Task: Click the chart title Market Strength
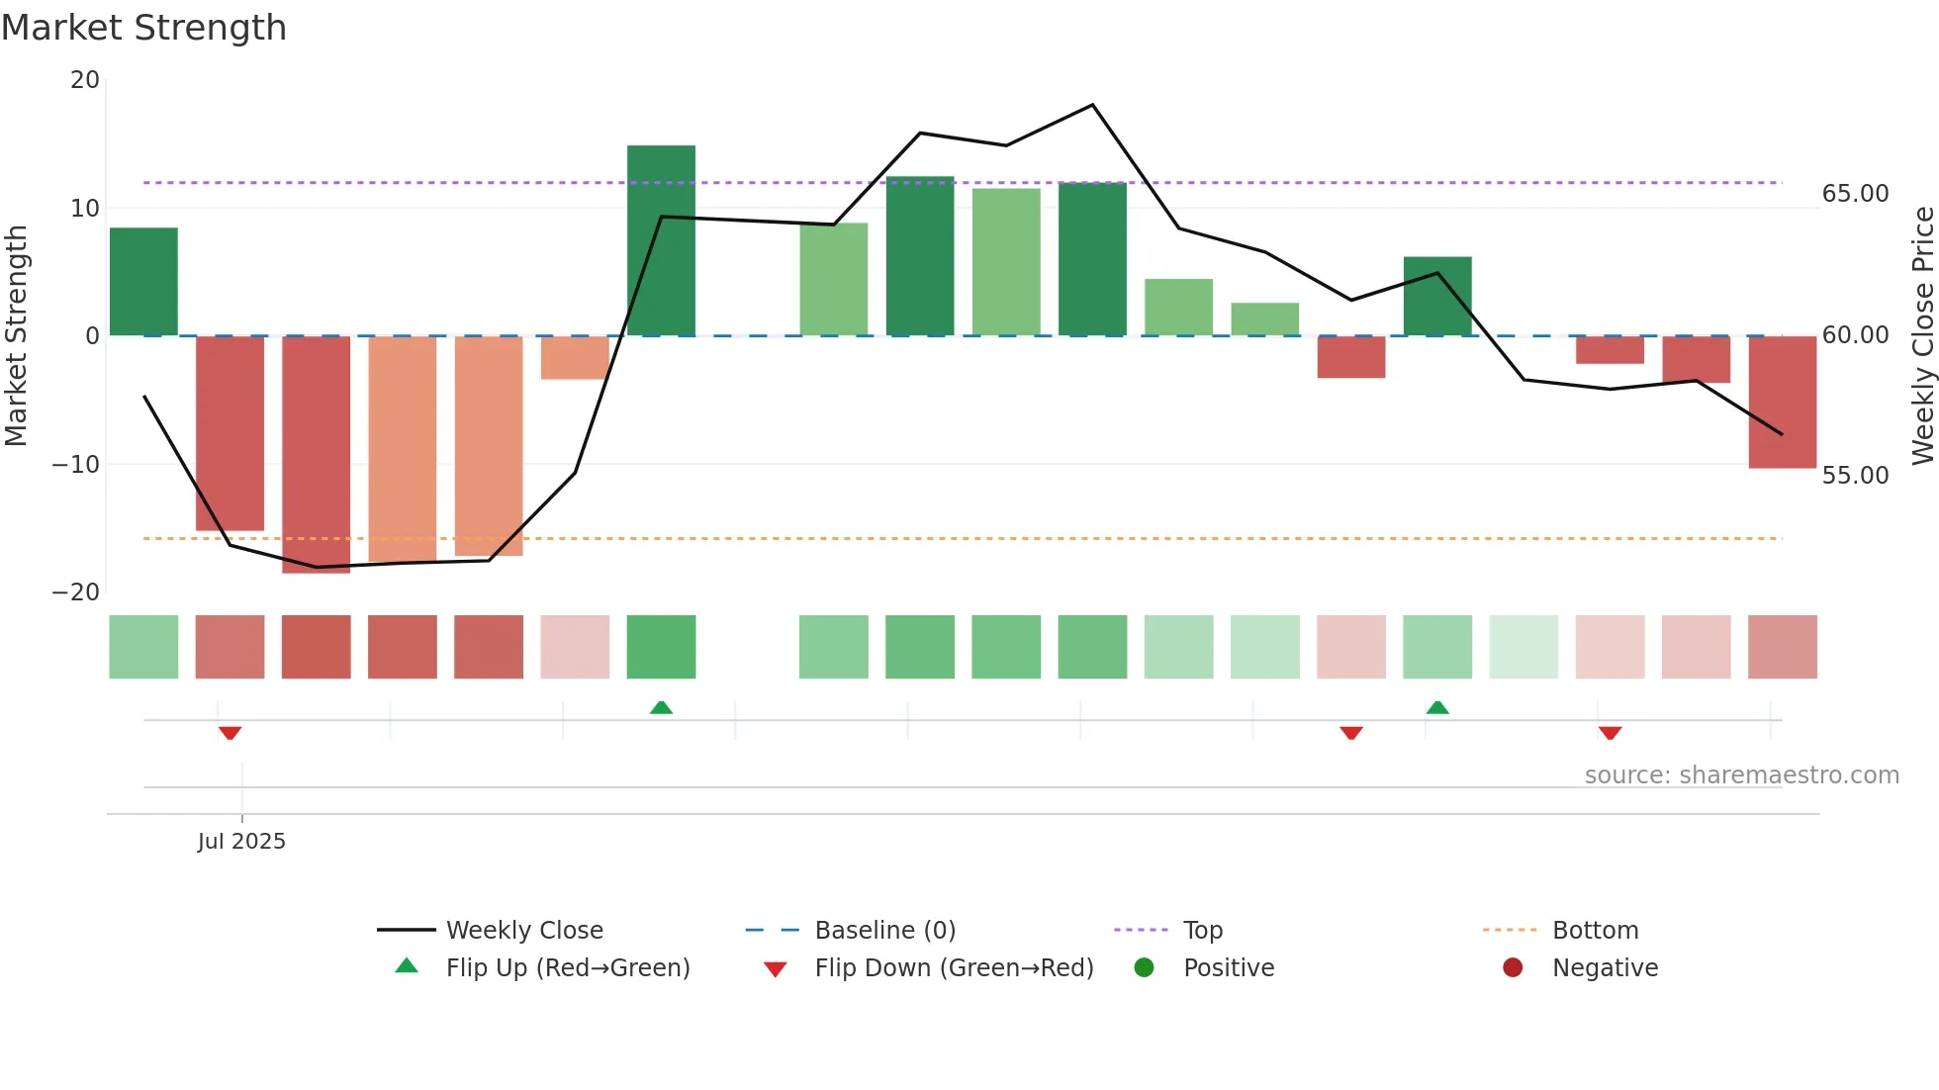[x=143, y=28]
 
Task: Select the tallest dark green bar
[x=661, y=240]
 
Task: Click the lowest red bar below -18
[x=316, y=455]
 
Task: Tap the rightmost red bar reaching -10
[x=1782, y=402]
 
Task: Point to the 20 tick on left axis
[x=85, y=80]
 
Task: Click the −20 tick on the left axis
[x=76, y=592]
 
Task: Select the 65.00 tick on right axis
[x=1855, y=194]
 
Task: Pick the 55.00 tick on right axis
[x=1855, y=476]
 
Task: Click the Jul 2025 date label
[x=241, y=842]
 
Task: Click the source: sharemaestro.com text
[x=1741, y=775]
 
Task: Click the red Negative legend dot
[x=1512, y=968]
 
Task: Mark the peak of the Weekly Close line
[x=1092, y=105]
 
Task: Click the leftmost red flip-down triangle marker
[x=230, y=733]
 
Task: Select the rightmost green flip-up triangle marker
[x=1437, y=707]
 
